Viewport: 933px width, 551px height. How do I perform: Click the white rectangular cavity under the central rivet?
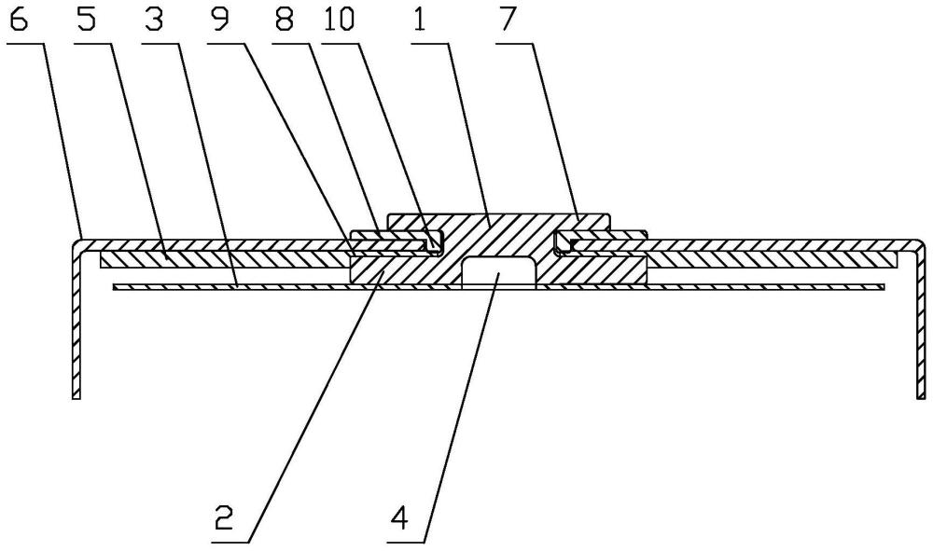pos(498,273)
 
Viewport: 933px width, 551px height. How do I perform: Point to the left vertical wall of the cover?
pos(77,321)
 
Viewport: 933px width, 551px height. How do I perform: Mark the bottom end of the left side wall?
pos(77,398)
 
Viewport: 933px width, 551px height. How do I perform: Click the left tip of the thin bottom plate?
pos(113,288)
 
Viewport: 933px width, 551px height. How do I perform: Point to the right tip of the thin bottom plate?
pos(884,288)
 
